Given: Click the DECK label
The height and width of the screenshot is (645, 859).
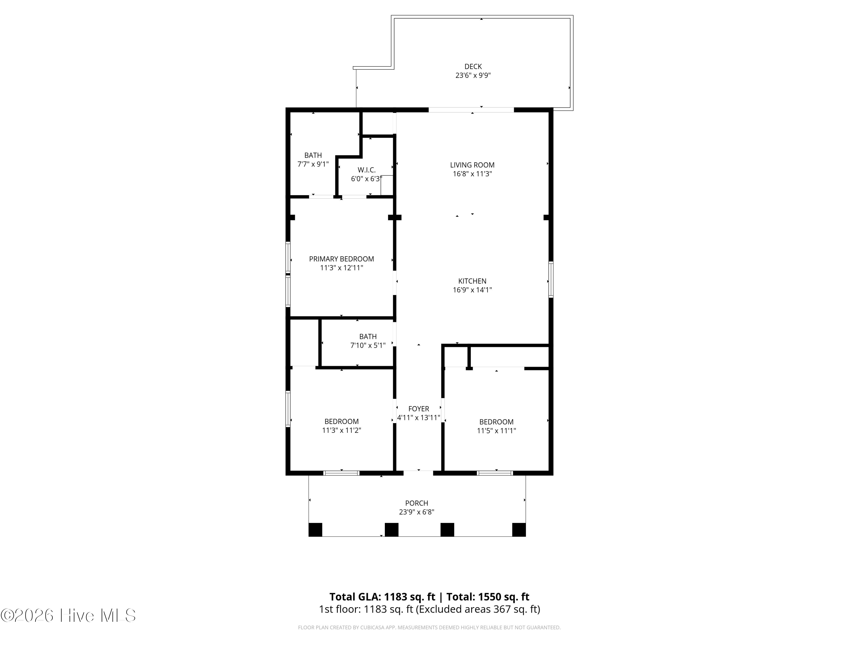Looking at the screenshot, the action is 473,67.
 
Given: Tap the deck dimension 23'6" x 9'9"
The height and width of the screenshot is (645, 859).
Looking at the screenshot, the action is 473,75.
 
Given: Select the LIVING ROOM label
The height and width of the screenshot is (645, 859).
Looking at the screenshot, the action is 472,165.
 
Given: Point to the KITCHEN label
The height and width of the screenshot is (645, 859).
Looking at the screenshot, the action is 472,281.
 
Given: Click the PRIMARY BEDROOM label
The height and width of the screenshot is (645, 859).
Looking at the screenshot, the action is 341,259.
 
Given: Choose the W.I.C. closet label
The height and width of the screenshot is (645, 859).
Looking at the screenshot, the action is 367,170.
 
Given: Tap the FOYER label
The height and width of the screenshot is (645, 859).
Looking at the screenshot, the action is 419,408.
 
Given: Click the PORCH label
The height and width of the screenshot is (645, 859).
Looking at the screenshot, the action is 417,503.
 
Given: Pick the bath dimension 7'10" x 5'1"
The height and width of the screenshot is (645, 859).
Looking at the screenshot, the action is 368,345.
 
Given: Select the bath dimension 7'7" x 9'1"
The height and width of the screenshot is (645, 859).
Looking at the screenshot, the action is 313,164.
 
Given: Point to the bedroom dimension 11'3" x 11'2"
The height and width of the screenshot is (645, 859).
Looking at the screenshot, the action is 341,430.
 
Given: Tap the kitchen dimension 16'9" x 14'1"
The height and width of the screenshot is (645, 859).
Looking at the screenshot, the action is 472,290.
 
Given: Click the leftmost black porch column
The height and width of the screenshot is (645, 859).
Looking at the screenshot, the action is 315,529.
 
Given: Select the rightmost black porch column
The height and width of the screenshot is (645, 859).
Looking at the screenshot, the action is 519,529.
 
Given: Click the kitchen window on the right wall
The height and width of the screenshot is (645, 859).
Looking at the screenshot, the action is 551,279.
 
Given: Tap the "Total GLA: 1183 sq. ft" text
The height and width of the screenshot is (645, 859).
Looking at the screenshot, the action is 383,597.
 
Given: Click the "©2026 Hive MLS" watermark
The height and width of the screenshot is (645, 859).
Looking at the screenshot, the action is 68,615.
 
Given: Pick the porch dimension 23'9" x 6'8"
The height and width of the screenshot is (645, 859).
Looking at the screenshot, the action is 417,512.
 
